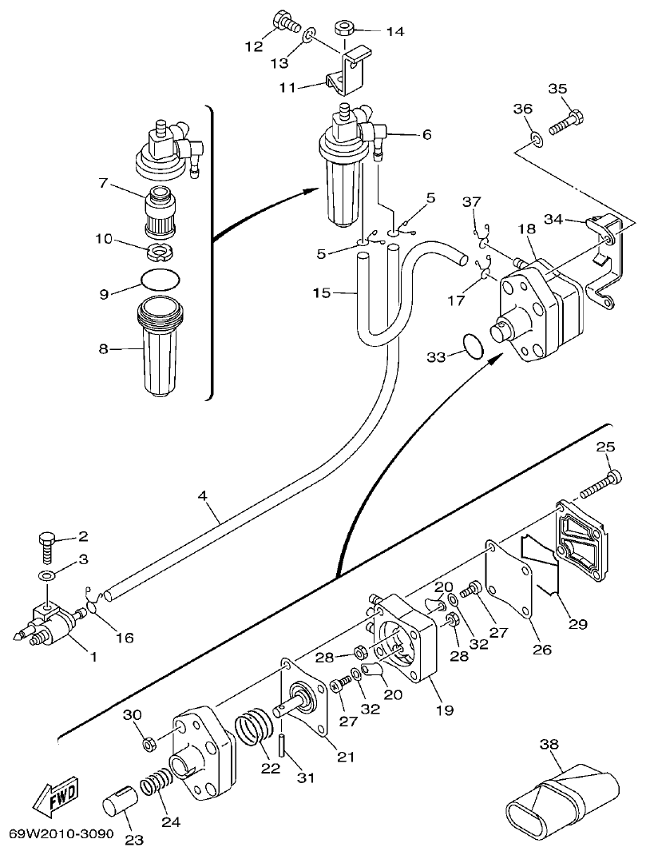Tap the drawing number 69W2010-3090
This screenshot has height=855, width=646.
pos(61,833)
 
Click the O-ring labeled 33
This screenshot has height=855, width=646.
pos(473,348)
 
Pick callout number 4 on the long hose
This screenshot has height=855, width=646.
pos(203,495)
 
